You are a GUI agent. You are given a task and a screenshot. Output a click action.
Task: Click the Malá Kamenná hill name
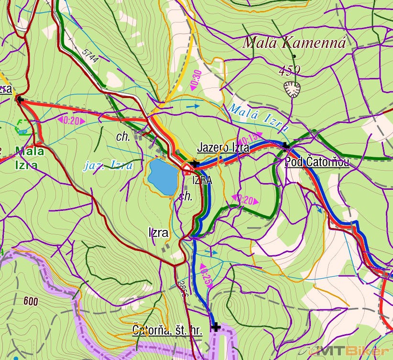click(x=294, y=43)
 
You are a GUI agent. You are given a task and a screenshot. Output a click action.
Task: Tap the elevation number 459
click(x=289, y=71)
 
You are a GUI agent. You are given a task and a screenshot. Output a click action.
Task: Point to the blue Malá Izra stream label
click(x=258, y=117)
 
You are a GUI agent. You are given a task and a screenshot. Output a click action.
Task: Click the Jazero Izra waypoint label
click(x=223, y=148)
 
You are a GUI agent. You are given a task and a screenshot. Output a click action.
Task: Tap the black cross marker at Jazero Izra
click(x=195, y=164)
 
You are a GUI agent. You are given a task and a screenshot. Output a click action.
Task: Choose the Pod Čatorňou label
click(x=317, y=162)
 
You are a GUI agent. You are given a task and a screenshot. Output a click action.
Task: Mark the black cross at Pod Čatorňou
click(x=286, y=146)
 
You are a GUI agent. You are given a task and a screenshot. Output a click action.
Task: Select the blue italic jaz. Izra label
click(x=108, y=165)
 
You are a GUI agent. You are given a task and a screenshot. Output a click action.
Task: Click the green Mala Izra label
click(x=30, y=158)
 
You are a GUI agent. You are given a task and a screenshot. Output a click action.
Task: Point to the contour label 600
click(x=31, y=301)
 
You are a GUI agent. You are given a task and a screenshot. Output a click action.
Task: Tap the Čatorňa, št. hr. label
click(x=167, y=330)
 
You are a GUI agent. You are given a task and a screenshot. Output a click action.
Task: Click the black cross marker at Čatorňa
click(x=216, y=327)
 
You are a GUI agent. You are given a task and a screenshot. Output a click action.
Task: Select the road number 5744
click(x=89, y=56)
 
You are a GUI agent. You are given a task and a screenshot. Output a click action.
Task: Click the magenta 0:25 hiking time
click(x=206, y=274)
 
